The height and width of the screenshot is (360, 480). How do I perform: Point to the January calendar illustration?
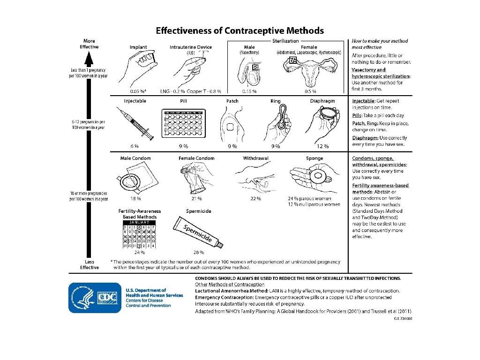point(139,234)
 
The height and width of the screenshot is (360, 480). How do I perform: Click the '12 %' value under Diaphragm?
point(322,146)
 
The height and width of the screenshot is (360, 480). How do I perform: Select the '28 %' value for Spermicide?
point(199,252)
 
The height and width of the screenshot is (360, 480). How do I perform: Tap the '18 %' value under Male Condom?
point(136,198)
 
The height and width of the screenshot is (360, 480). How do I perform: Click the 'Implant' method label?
point(138,47)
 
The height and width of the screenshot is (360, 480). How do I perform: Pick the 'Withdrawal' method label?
point(255,158)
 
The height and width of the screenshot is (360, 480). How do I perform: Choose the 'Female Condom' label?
point(196,158)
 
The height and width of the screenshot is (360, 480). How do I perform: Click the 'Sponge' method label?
point(315,158)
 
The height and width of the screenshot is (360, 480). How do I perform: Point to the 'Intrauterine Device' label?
point(191,47)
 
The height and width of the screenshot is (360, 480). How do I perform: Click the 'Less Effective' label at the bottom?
point(89,264)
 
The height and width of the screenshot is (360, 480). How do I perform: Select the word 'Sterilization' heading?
point(285,41)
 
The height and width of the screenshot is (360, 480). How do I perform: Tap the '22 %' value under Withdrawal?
point(255,198)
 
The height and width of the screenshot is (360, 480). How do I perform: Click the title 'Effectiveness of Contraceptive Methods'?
point(240,31)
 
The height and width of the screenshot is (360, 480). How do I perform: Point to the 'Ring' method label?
point(276,101)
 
